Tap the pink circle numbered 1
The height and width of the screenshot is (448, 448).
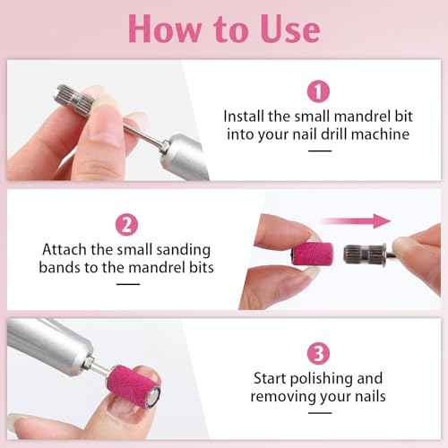point(319,90)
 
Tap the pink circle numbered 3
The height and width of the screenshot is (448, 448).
point(319,352)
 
